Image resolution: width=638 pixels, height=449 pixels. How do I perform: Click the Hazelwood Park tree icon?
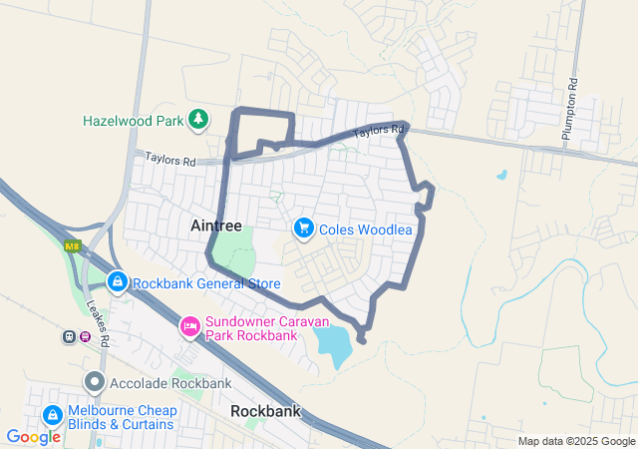(x=198, y=120)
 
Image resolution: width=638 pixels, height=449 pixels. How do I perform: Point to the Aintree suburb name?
(x=215, y=226)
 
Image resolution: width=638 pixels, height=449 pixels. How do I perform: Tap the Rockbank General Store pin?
(x=118, y=283)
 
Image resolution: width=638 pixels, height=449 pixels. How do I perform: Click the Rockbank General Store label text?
(x=206, y=283)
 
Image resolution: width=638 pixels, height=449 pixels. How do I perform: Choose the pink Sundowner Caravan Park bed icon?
(x=189, y=325)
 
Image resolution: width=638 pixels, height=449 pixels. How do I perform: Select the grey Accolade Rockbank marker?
(x=95, y=382)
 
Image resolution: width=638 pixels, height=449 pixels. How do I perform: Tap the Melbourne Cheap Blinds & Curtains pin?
(x=52, y=414)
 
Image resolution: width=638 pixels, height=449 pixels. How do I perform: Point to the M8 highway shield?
(x=72, y=246)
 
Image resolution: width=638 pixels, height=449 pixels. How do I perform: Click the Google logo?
(x=34, y=436)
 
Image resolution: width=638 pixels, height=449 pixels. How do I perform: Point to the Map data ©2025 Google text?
(x=576, y=441)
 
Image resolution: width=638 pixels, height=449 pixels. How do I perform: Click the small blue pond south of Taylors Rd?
(x=500, y=175)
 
